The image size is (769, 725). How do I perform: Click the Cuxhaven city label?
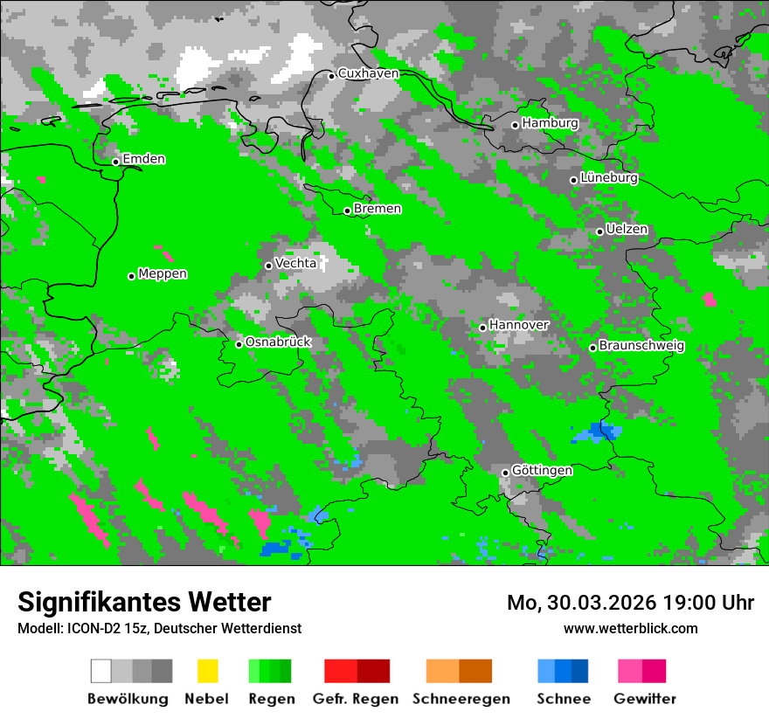point(368,73)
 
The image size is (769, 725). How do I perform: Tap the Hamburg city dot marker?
point(516,125)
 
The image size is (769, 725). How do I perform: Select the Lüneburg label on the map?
point(608,178)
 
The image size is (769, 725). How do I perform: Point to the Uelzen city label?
point(627,230)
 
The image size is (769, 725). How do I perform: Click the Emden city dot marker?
point(115,162)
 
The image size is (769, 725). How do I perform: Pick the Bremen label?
point(378,209)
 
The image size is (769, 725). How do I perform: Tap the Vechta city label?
point(295,263)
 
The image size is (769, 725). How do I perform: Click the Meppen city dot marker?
point(132,276)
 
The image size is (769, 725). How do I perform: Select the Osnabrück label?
point(278,342)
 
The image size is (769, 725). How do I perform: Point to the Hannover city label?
point(519,325)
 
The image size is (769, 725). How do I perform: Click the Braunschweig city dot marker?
point(592,348)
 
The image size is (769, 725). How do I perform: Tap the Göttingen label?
point(542,471)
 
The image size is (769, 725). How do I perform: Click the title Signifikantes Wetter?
point(144,603)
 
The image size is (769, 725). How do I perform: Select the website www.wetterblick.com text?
point(630,629)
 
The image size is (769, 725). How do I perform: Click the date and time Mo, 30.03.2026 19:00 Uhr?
point(630,604)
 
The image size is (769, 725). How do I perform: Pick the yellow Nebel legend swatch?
point(207,671)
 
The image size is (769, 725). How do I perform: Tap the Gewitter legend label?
point(645,699)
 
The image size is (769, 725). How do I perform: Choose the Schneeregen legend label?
point(461,699)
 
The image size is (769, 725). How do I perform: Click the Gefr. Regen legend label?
point(356,699)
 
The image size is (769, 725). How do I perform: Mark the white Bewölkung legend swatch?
point(101,671)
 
